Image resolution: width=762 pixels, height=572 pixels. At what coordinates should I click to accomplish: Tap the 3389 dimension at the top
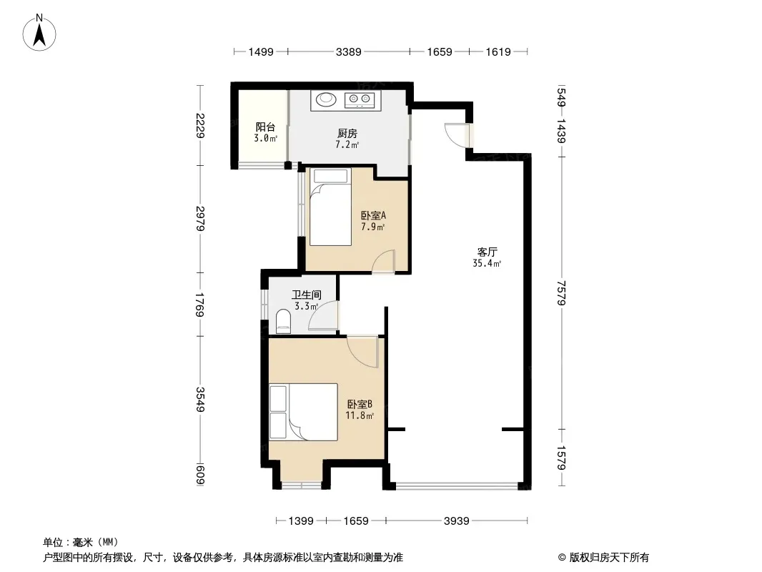[348, 51]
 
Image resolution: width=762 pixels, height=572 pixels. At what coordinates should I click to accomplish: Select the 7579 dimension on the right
[562, 292]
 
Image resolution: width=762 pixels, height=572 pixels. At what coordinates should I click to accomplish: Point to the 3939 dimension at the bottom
[456, 521]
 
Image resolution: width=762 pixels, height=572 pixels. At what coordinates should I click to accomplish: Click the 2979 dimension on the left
[200, 218]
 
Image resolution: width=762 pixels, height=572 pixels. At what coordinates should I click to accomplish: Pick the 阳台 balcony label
[265, 127]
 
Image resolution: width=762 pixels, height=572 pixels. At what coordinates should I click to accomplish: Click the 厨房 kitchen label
[347, 133]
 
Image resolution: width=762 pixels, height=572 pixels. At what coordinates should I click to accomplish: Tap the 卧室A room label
[372, 215]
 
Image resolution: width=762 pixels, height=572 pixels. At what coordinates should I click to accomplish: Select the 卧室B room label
[360, 404]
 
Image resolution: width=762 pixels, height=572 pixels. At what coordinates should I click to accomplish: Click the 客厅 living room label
[487, 252]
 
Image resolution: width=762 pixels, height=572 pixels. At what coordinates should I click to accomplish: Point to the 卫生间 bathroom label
[306, 295]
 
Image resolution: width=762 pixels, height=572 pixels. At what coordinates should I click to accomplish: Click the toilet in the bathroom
[283, 322]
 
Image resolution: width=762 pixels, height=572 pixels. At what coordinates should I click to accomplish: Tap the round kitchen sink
[326, 99]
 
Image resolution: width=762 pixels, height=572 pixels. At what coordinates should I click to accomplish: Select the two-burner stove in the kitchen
[360, 100]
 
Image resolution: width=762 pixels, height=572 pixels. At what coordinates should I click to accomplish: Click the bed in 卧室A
[330, 207]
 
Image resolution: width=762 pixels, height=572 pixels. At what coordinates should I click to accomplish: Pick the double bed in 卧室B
[304, 412]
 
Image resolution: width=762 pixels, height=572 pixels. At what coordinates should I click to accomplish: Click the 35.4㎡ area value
[487, 263]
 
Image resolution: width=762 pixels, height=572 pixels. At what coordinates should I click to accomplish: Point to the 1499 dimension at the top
[261, 51]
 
